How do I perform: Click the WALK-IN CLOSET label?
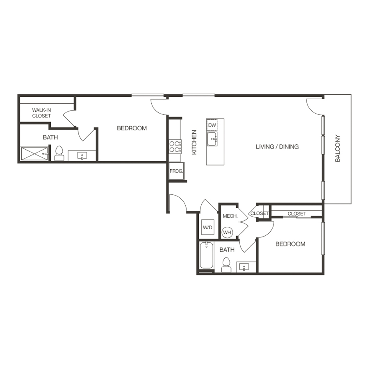point(41,113)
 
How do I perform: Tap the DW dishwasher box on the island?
point(212,125)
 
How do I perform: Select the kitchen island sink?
point(212,139)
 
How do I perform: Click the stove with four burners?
point(175,146)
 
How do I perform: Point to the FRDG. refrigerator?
point(177,171)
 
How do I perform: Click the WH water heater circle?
point(227,232)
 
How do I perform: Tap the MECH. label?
point(228,216)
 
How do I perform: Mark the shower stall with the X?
point(34,154)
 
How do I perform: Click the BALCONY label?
point(338,148)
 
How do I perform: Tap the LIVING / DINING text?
point(277,146)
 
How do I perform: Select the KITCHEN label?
point(194,142)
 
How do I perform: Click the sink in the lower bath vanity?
point(245,268)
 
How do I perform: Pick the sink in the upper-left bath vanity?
point(82,156)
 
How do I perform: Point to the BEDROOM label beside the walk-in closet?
point(132,128)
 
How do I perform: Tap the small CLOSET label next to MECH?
point(259,214)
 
